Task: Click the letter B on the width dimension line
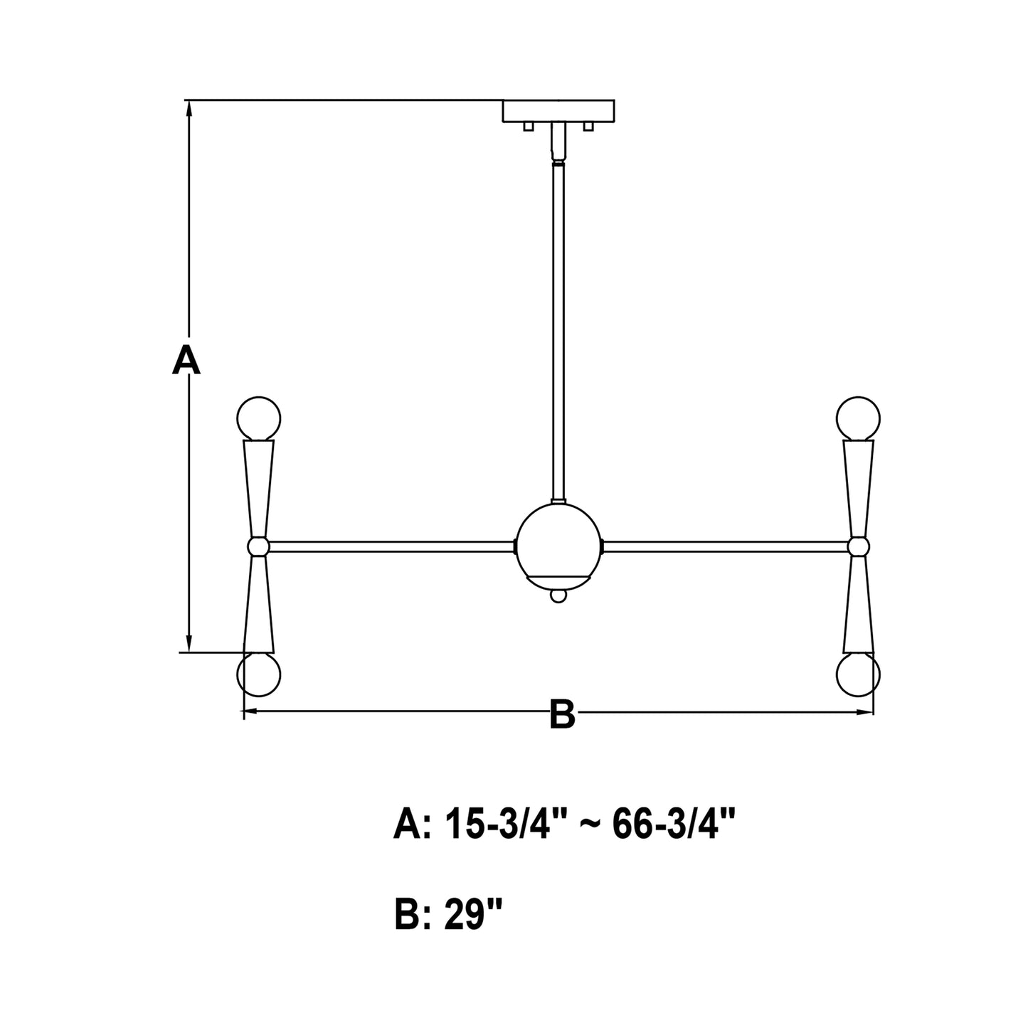point(562,714)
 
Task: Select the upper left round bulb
point(259,417)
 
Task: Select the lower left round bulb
point(259,674)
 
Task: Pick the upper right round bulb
point(859,417)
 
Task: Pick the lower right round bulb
point(859,674)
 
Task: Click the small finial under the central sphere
point(560,595)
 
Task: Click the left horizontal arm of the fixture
point(391,546)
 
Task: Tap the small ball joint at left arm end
point(259,546)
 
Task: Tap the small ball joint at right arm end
point(859,546)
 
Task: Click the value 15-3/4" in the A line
point(498,825)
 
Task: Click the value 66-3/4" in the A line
point(672,825)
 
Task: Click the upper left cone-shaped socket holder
point(259,484)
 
